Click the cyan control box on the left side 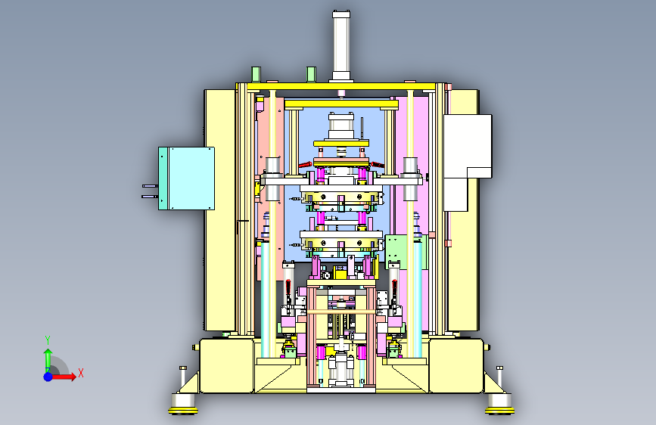coord(187,178)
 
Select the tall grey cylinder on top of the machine coord(341,46)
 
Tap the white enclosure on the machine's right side coord(468,163)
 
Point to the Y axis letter coord(48,340)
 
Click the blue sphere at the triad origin coord(48,377)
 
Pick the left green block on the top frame coord(256,74)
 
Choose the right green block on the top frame coord(311,74)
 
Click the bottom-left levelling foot coord(183,405)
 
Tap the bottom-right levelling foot coord(499,405)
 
